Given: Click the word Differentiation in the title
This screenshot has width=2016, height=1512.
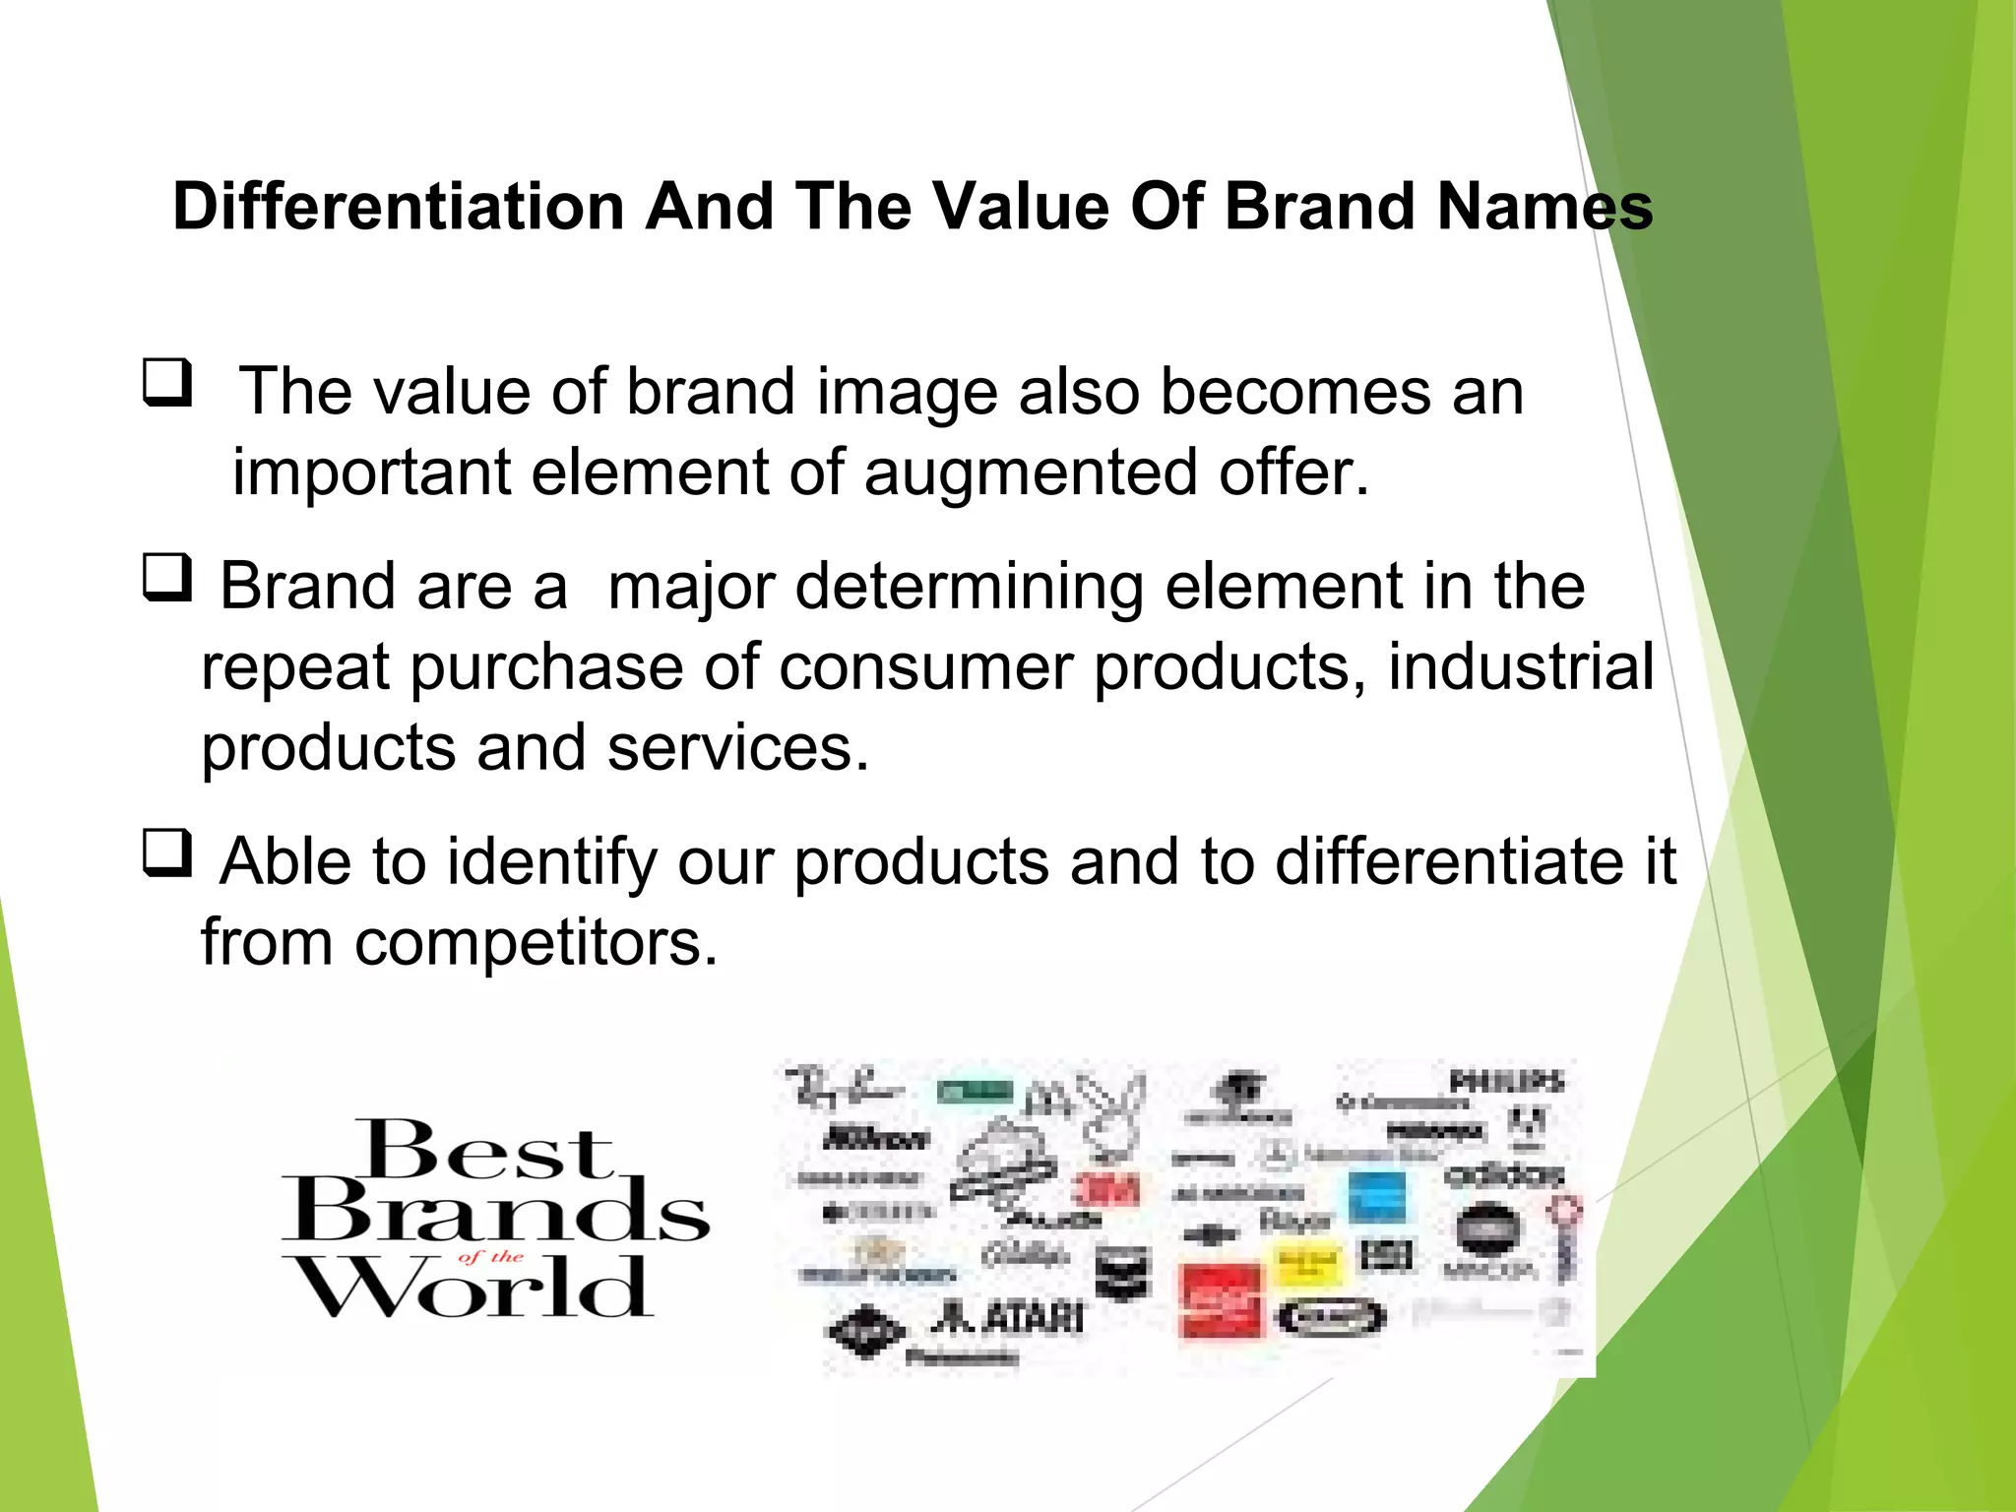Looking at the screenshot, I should tap(399, 207).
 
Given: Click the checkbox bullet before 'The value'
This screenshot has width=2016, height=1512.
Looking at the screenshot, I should tap(166, 384).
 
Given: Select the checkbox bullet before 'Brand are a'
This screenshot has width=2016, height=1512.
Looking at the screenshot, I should tap(166, 579).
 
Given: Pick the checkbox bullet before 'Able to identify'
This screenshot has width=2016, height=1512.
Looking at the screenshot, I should tap(166, 853).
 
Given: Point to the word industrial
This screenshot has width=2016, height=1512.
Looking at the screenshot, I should tap(1521, 666).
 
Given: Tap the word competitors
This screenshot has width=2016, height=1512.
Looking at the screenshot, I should tap(536, 942).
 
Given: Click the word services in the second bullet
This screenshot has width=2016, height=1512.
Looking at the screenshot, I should tap(738, 747).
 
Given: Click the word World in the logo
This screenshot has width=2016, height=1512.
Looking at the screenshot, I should tap(472, 1288).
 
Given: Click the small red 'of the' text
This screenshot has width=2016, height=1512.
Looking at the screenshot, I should tap(490, 1256).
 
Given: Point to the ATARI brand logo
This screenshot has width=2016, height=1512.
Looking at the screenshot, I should tap(1009, 1317).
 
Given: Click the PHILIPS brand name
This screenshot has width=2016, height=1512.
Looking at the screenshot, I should tap(1506, 1081).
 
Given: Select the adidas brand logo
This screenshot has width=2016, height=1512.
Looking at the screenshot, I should tap(1503, 1174).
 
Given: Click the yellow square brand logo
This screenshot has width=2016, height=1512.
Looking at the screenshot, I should tap(1307, 1261).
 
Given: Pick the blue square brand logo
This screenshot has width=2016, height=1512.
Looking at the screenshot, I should tap(1376, 1197).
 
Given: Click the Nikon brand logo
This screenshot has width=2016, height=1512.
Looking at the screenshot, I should tap(874, 1139).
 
